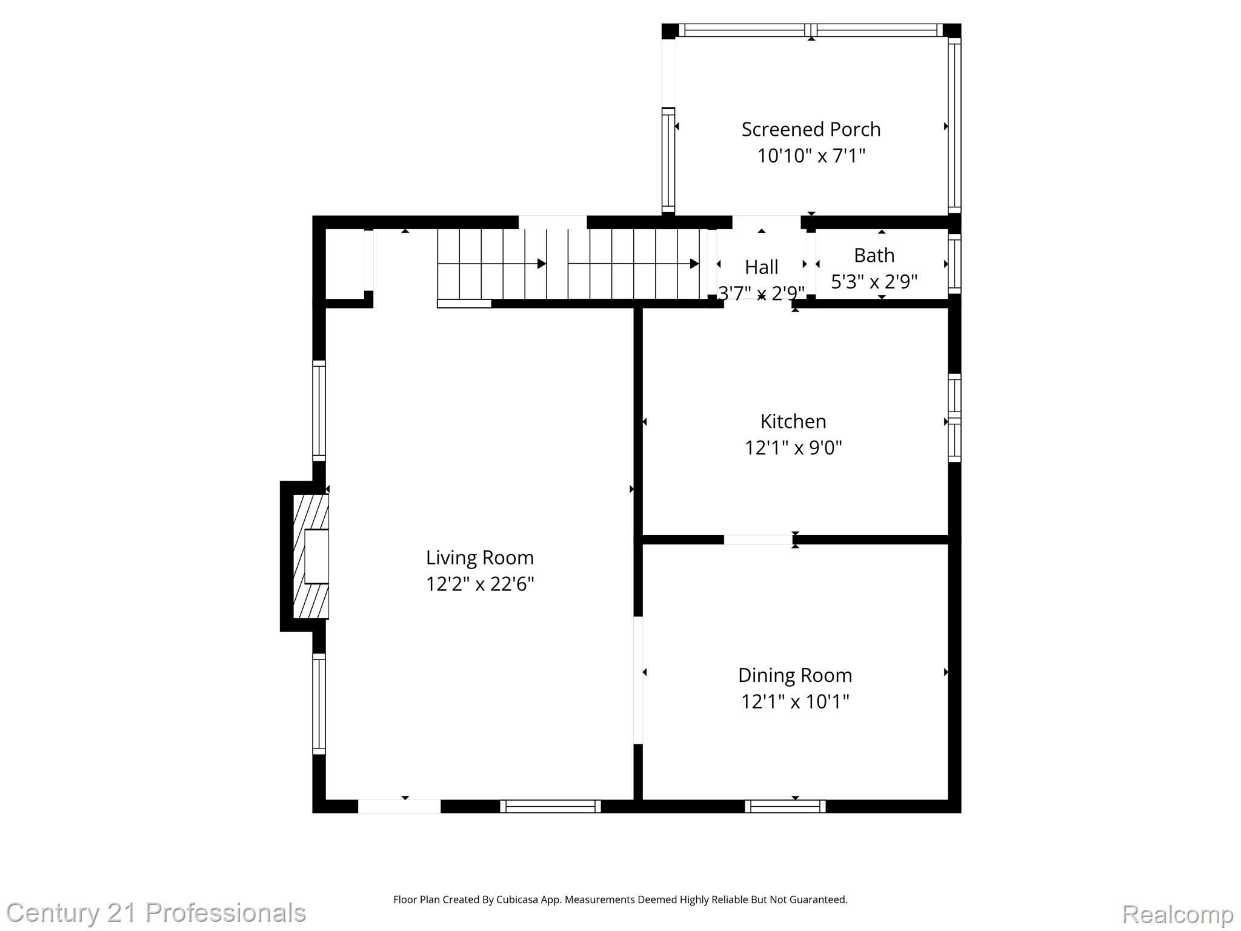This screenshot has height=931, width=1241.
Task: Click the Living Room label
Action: [479, 558]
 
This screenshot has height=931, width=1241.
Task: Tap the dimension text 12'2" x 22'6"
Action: [479, 584]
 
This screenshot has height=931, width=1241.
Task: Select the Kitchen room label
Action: [793, 421]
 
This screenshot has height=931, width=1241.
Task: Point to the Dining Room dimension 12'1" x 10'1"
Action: [794, 702]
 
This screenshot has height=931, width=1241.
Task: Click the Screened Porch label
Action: [811, 129]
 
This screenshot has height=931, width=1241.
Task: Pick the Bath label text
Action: [874, 255]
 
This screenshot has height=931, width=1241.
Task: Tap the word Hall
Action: [761, 267]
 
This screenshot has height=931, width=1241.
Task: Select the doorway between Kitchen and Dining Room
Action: [758, 539]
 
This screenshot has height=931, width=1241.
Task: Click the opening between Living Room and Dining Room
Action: [637, 680]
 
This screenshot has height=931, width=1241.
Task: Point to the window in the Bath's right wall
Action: [954, 264]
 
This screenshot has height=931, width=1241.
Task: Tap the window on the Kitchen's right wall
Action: [954, 418]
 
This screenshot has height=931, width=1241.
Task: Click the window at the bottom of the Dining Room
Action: [785, 806]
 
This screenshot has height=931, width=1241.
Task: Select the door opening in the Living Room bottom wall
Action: [399, 806]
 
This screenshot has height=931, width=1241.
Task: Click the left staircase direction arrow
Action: [492, 264]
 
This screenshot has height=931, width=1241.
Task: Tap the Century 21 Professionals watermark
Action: [156, 913]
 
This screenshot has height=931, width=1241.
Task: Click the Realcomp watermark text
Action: [1177, 914]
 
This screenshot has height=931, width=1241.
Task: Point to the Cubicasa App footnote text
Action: [620, 899]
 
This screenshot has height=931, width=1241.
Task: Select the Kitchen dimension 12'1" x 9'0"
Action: [793, 448]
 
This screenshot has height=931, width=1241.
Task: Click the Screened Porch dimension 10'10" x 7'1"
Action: [811, 156]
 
